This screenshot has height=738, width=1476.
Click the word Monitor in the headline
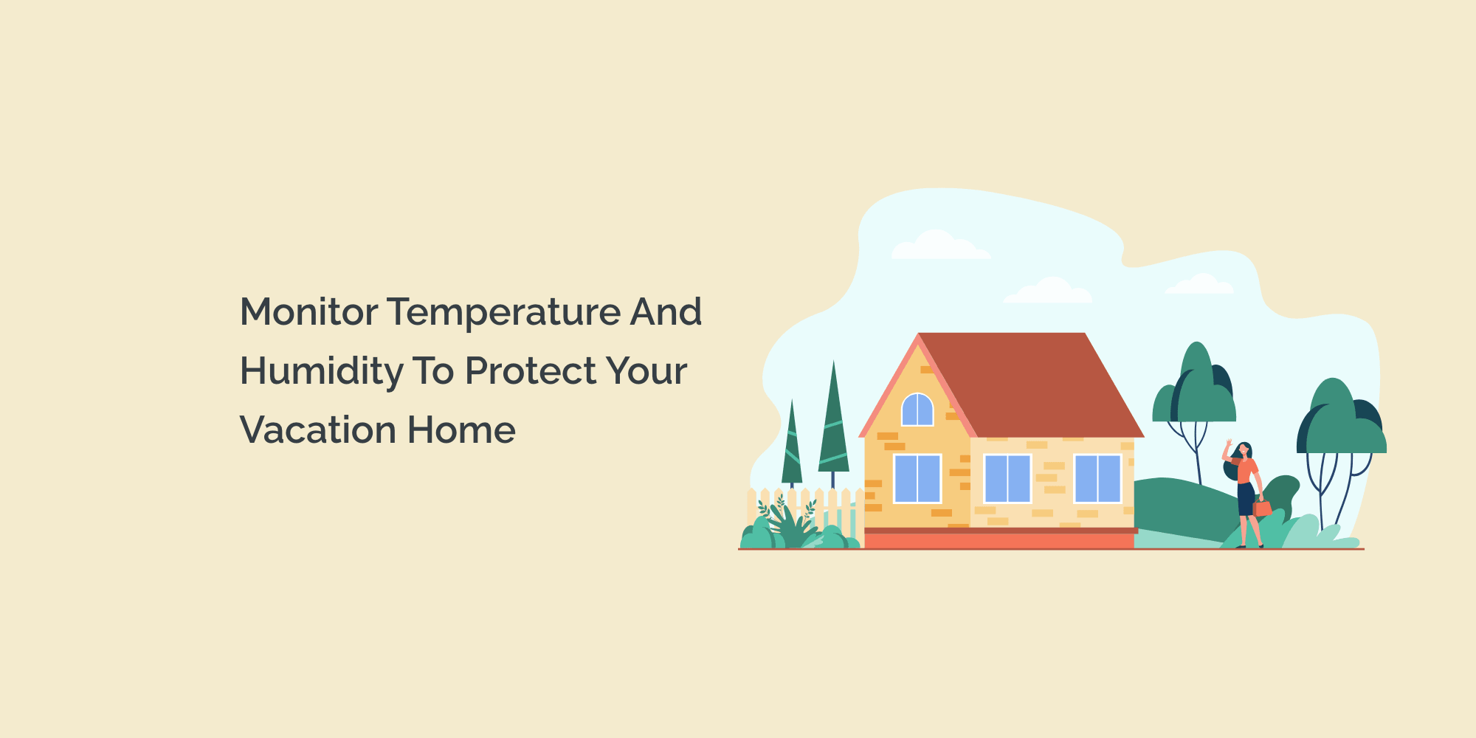(x=309, y=311)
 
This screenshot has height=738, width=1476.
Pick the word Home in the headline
(x=461, y=430)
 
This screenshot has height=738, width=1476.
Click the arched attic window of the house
(x=917, y=410)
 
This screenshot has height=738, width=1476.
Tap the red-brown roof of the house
(x=1033, y=384)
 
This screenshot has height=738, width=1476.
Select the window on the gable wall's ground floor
(x=917, y=478)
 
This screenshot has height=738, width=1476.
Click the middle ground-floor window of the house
(x=1007, y=478)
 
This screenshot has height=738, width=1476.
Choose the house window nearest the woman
(x=1097, y=478)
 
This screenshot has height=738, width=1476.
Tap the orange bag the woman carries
(x=1263, y=508)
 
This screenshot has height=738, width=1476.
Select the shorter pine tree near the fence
(x=792, y=450)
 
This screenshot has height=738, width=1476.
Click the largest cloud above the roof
(x=939, y=246)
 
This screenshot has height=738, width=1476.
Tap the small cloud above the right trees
(x=1200, y=285)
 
